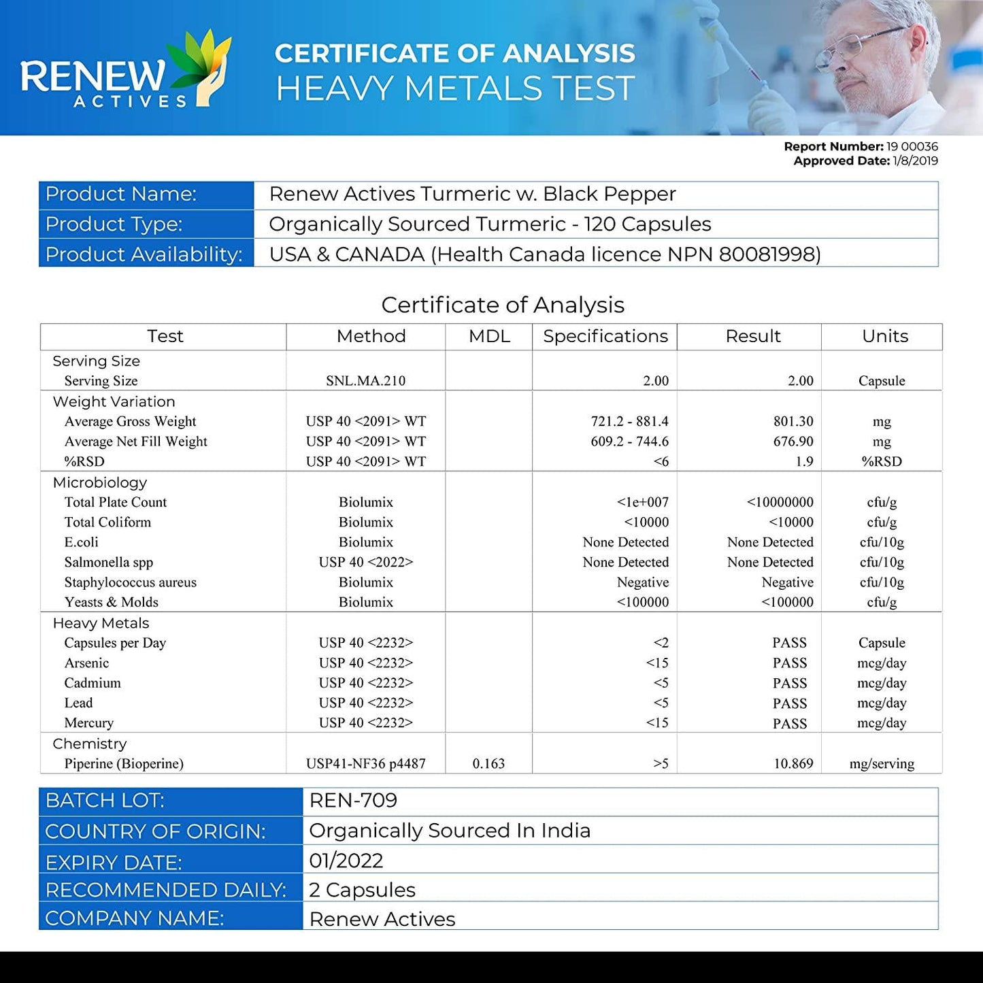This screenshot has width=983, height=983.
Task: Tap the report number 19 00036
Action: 912,146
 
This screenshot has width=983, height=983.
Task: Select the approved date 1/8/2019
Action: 915,161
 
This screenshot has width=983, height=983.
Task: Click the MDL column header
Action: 489,336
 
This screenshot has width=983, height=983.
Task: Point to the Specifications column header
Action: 605,336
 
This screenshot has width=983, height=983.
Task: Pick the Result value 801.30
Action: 793,422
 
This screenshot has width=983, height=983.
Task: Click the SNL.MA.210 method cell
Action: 365,381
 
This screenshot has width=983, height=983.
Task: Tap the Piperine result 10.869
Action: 793,764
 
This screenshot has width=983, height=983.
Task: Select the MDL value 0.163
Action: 488,764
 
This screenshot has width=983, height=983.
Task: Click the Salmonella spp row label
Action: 109,563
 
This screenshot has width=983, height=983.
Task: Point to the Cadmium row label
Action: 93,683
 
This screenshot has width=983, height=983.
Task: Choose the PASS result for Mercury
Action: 789,724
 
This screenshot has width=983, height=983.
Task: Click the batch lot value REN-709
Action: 353,801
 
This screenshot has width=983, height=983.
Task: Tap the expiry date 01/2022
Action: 346,861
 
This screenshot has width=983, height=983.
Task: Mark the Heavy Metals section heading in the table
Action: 101,623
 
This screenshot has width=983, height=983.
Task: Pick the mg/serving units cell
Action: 882,764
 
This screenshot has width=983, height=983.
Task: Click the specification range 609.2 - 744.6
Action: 629,441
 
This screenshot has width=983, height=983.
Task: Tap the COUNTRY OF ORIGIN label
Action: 155,831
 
